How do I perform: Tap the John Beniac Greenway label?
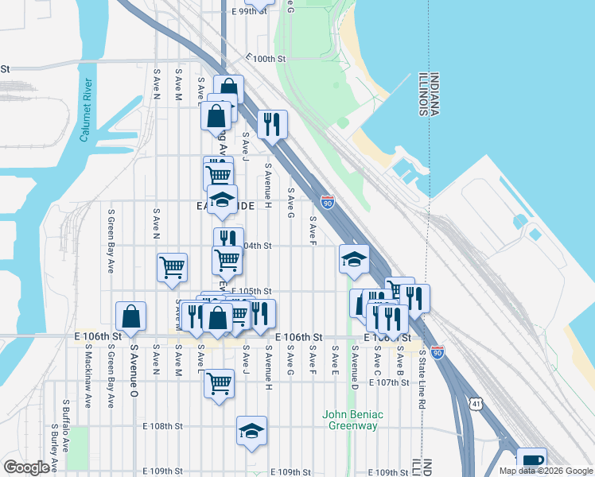point(353,420)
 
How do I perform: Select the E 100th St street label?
point(266,59)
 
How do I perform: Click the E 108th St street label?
point(163,426)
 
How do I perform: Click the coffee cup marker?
point(531,461)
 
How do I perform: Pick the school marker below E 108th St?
point(251,431)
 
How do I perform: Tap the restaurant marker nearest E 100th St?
point(272,123)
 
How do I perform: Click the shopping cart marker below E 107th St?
point(219,383)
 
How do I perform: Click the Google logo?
point(27,467)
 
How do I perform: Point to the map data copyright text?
point(546,471)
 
